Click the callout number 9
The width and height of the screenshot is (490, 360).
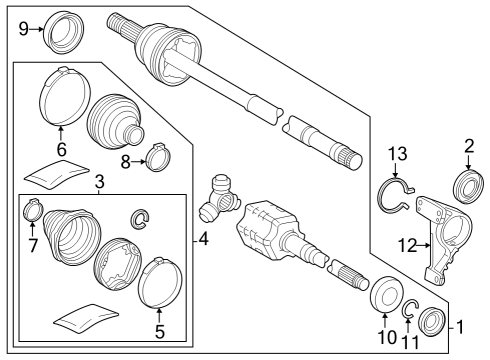[24, 28]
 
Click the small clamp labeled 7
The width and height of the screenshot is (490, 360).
[32, 212]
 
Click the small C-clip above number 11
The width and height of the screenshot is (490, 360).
[411, 308]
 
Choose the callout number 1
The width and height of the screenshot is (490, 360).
[460, 326]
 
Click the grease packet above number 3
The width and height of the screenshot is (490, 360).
[53, 172]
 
